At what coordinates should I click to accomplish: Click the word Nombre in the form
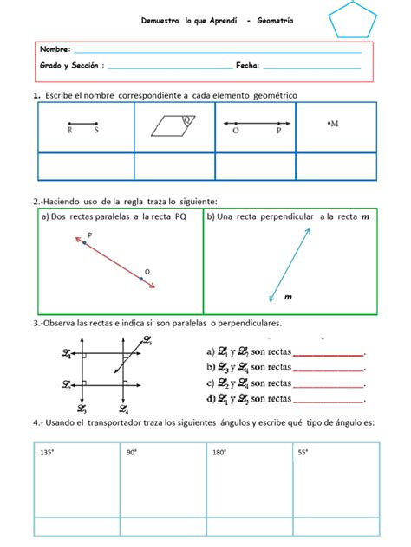(55, 51)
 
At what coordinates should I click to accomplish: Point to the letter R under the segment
(70, 132)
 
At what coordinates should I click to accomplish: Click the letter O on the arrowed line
(236, 132)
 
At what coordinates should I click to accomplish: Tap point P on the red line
(84, 244)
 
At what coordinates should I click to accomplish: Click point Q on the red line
(140, 279)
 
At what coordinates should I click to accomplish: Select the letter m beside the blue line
(287, 298)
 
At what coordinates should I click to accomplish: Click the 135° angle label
(48, 452)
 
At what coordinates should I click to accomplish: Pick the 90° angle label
(133, 452)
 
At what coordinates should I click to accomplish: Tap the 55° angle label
(303, 452)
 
